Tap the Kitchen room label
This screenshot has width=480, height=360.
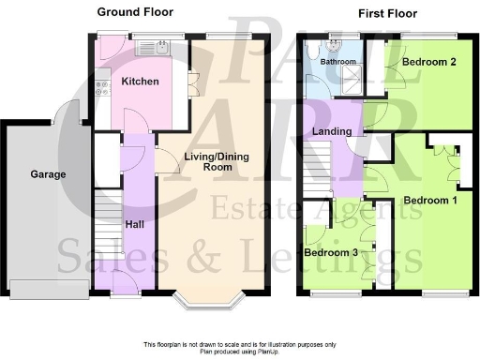(140, 82)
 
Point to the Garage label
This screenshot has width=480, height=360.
(47, 174)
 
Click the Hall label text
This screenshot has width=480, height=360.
(134, 225)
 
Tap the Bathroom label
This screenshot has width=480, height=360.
(337, 62)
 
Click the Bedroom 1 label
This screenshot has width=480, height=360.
(430, 200)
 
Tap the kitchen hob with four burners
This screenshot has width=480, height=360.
(100, 92)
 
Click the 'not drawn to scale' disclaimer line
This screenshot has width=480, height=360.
(239, 344)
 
